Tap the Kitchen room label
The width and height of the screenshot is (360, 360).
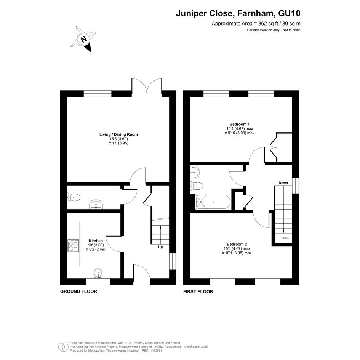[x=96, y=241]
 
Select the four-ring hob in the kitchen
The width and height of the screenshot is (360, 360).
[x=73, y=246]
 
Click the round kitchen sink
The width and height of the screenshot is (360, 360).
[x=99, y=273]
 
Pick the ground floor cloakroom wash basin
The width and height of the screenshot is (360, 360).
[x=96, y=204]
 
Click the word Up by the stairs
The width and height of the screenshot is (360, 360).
[x=160, y=247]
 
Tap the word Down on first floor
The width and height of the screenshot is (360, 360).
[x=283, y=183]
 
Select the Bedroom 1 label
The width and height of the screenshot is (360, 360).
[x=240, y=124]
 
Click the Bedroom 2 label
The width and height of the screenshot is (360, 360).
[x=237, y=244]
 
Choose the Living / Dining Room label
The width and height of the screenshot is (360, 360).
[x=118, y=134]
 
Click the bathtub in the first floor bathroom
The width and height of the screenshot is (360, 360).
[x=213, y=202]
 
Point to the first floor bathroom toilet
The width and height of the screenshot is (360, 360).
[x=197, y=186]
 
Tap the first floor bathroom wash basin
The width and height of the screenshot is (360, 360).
[x=195, y=173]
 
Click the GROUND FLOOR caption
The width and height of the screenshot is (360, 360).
[x=78, y=291]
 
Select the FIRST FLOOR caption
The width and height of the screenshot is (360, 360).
[x=198, y=291]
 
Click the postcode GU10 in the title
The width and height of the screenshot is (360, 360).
[x=289, y=13]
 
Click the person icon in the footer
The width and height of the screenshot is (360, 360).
[x=63, y=346]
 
